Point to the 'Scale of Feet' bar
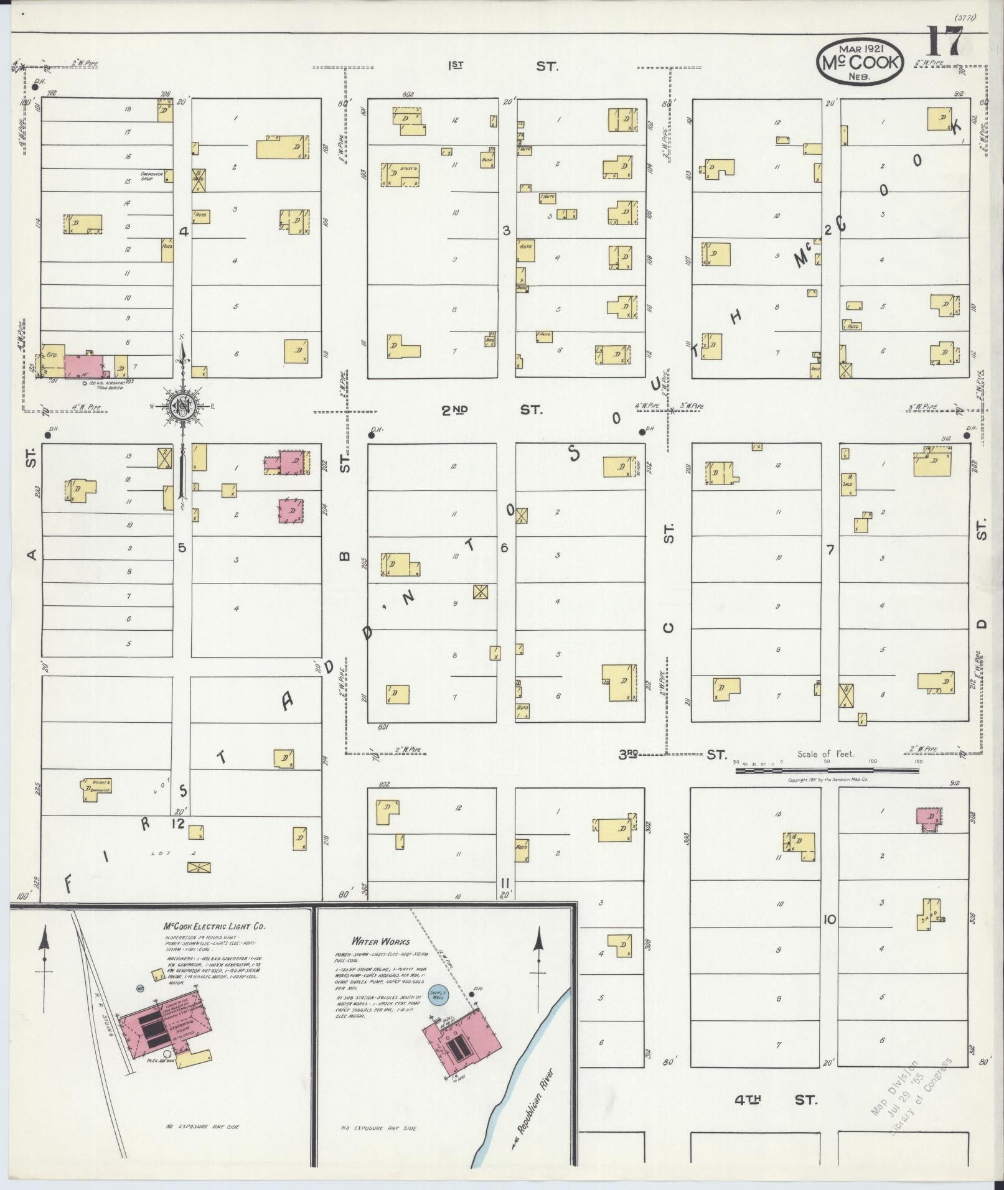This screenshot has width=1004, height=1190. point(827,770)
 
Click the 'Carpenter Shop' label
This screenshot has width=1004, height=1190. point(152,176)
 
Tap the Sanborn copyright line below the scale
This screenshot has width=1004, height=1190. point(827,779)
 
